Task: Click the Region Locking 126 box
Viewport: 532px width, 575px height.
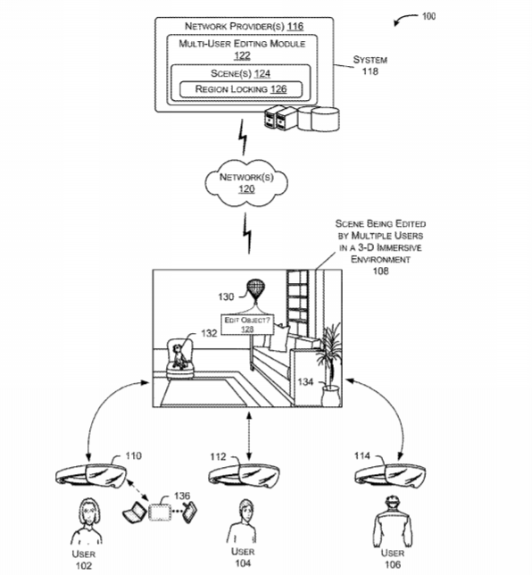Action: pyautogui.click(x=241, y=89)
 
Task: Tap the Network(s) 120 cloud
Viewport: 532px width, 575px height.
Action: pyautogui.click(x=246, y=183)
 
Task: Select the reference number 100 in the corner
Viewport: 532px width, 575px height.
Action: pyautogui.click(x=428, y=16)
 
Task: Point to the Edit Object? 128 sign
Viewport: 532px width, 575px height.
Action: pyautogui.click(x=247, y=324)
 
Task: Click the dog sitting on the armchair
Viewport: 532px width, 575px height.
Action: pyautogui.click(x=179, y=355)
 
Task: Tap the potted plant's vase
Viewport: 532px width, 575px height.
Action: pyautogui.click(x=330, y=396)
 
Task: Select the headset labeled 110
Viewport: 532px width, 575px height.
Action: pyautogui.click(x=90, y=476)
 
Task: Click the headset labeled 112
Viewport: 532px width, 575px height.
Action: pyautogui.click(x=244, y=476)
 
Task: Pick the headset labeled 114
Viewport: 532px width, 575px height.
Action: pyautogui.click(x=390, y=476)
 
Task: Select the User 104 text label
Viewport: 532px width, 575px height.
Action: pyautogui.click(x=243, y=557)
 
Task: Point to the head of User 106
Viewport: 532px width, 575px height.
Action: pyautogui.click(x=392, y=503)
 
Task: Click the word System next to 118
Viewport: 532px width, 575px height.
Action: pyautogui.click(x=370, y=60)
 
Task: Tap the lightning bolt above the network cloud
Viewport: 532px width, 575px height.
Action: pyautogui.click(x=243, y=137)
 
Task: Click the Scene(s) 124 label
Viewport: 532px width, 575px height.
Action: pyautogui.click(x=240, y=74)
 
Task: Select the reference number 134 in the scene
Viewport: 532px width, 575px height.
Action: pyautogui.click(x=305, y=382)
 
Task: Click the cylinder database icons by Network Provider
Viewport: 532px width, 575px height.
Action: pyautogui.click(x=319, y=119)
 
